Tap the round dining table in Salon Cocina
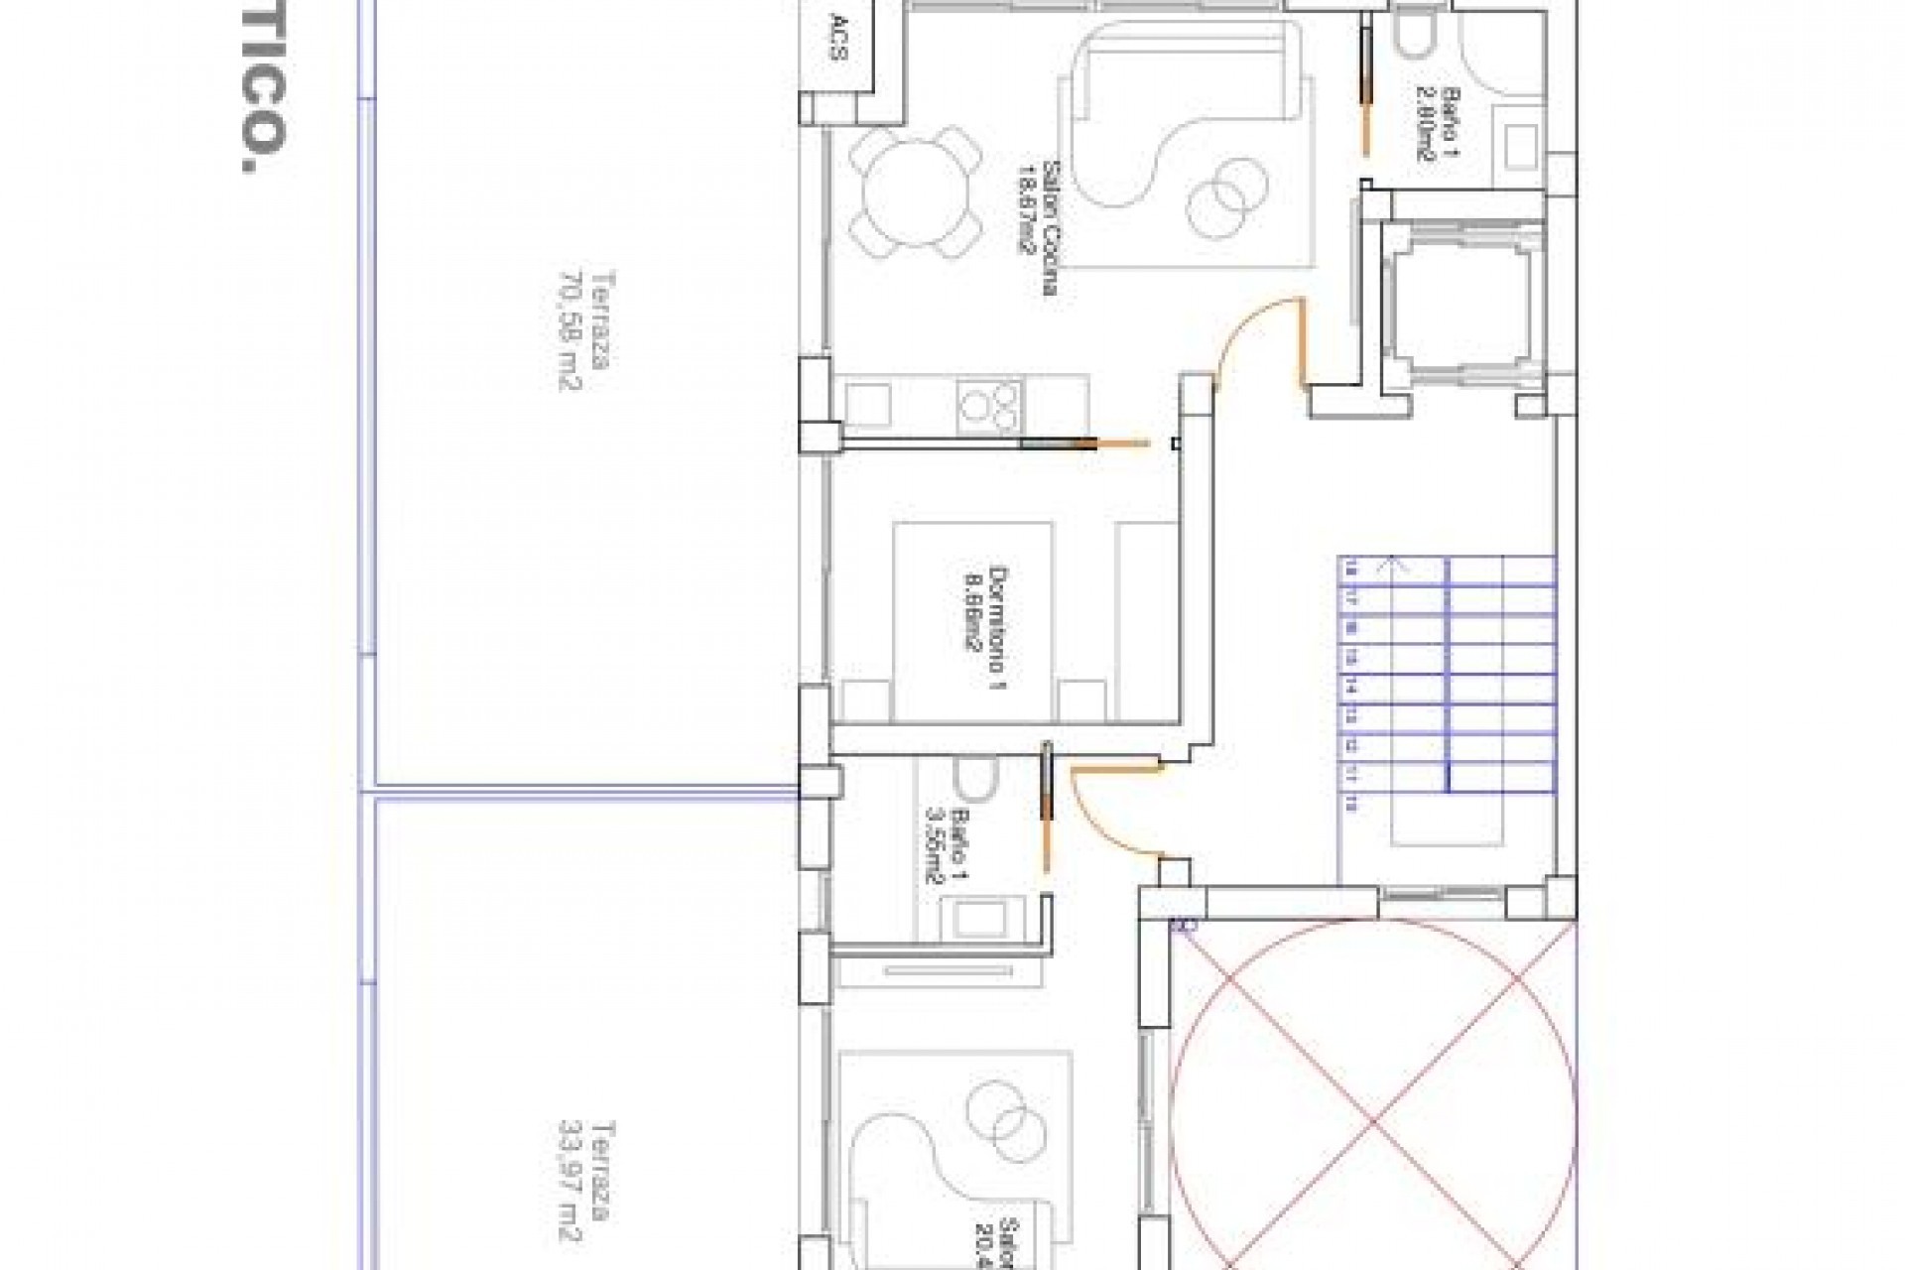pos(914,192)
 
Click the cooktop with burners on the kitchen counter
pos(989,406)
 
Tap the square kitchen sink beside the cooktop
pos(867,406)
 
